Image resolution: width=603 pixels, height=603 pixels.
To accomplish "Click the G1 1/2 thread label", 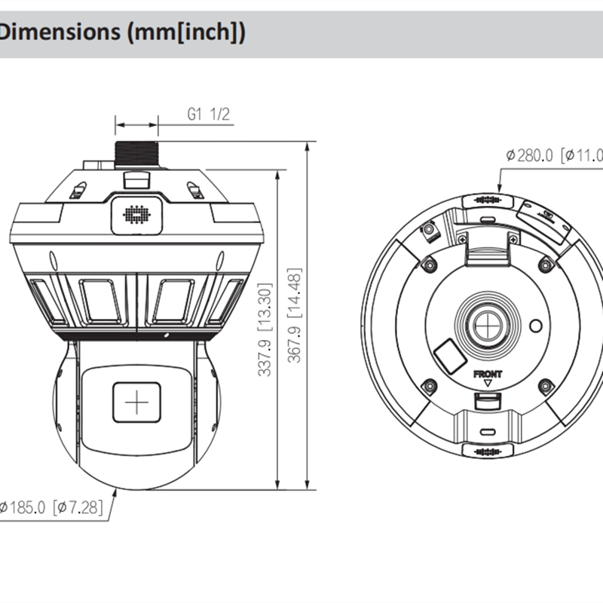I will [208, 114].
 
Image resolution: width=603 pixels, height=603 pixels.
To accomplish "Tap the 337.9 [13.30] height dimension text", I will [265, 328].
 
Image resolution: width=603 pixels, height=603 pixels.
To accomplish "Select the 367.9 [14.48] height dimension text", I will [295, 314].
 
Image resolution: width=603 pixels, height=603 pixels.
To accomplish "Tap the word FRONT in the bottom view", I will [487, 373].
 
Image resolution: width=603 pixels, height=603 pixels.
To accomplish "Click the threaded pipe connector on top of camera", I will [136, 154].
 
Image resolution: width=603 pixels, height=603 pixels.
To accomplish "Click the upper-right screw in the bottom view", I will [546, 264].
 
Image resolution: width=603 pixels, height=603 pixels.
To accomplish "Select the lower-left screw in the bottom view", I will [429, 387].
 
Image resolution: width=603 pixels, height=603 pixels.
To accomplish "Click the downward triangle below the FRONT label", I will [488, 383].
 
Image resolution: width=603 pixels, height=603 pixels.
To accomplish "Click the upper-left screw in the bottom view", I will [429, 264].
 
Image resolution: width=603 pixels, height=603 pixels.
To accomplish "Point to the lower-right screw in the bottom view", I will [546, 387].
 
